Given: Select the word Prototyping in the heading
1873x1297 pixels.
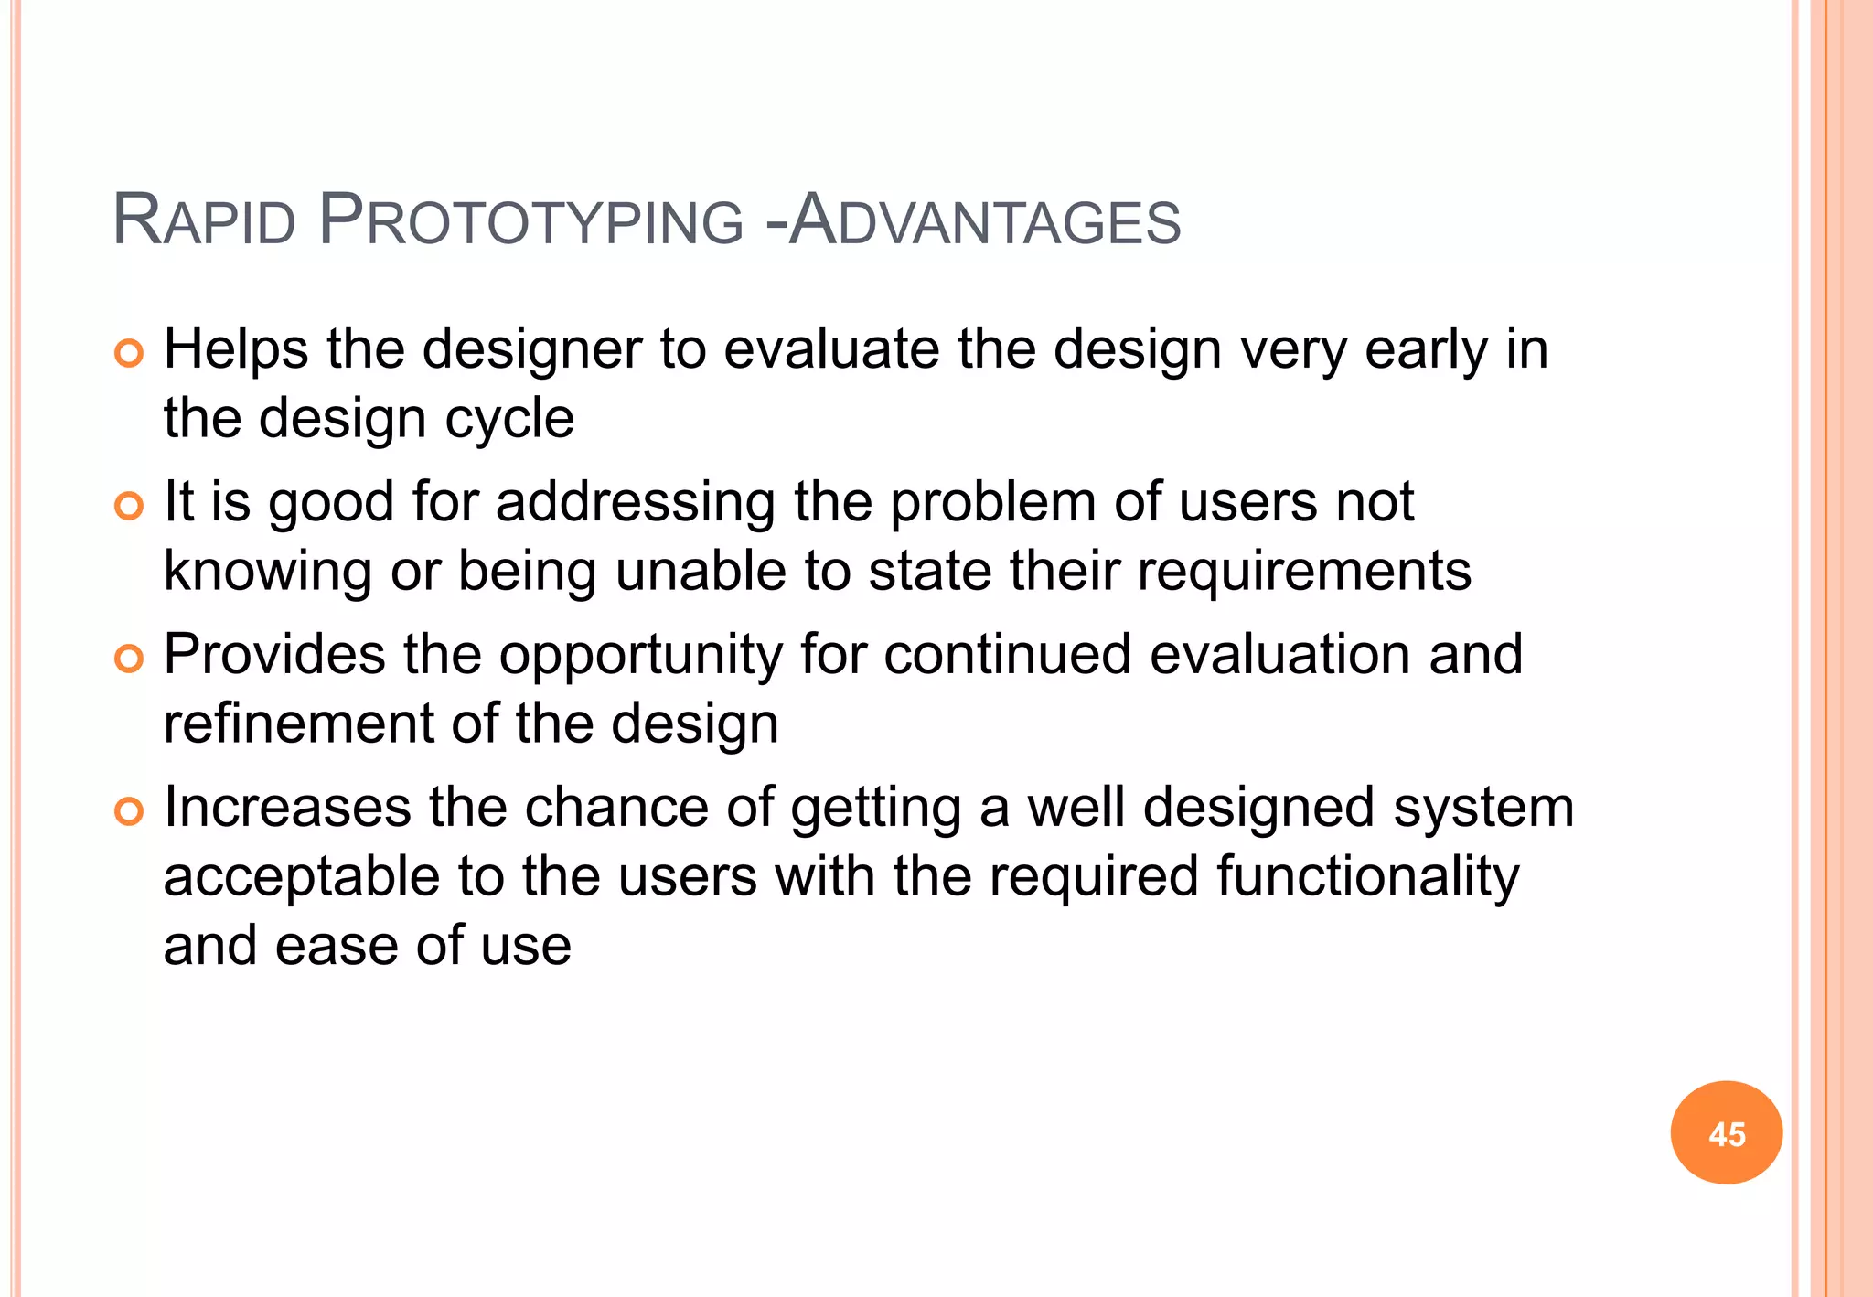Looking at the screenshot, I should [531, 221].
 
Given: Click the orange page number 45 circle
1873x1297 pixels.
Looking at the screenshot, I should [1726, 1133].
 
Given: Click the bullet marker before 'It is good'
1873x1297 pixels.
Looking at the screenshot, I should [130, 506].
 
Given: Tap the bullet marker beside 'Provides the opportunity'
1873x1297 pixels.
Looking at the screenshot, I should [130, 659].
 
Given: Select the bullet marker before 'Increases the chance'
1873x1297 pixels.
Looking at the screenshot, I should [130, 811].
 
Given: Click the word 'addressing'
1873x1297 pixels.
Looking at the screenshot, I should [635, 503].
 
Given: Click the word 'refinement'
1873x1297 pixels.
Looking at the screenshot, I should [298, 724].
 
